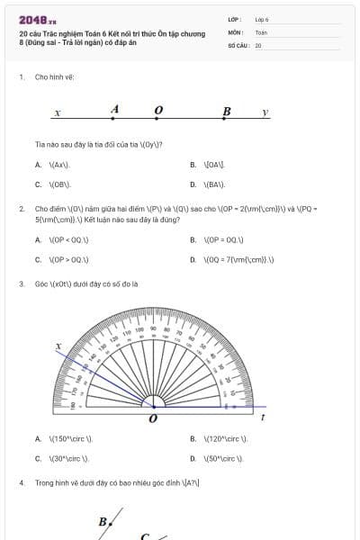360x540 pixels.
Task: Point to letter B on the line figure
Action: pos(227,112)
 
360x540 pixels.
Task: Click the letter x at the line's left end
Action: pos(57,113)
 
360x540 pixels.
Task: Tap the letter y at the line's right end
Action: pos(265,112)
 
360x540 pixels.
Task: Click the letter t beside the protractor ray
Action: pos(262,417)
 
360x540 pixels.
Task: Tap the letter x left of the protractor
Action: pos(58,346)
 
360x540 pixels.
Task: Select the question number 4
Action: pos(21,482)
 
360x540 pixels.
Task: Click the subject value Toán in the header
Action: pos(261,31)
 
